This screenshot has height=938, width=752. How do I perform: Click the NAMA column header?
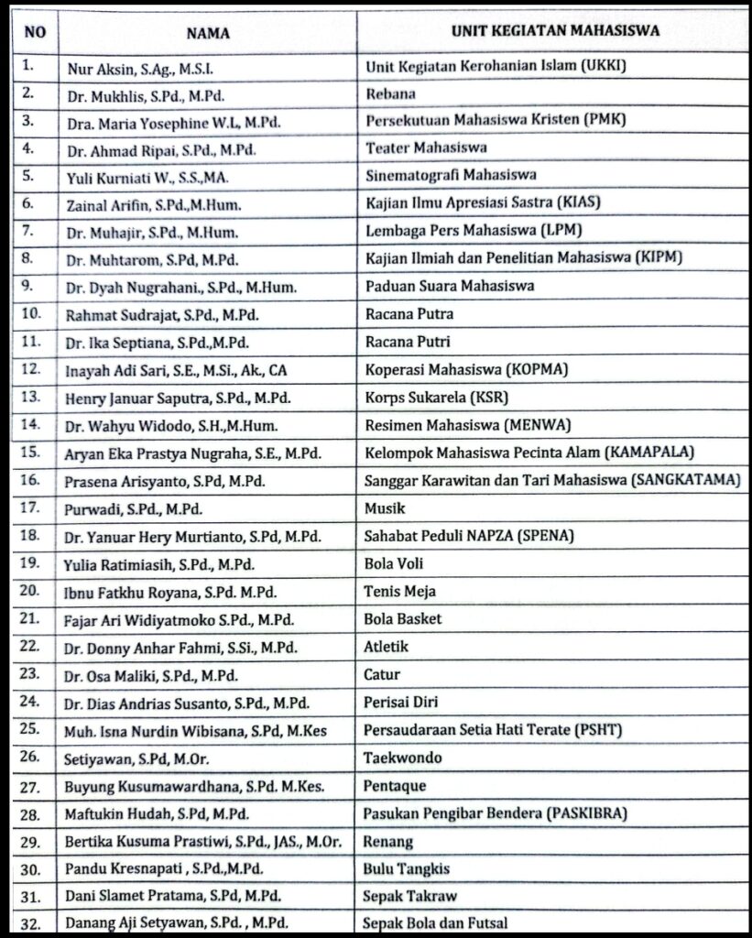tap(208, 34)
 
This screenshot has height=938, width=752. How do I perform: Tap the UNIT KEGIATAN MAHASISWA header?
tap(556, 30)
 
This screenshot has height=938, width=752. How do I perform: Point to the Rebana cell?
tap(390, 93)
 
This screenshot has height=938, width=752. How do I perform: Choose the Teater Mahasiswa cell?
tap(426, 147)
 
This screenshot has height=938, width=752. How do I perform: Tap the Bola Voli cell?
tap(394, 563)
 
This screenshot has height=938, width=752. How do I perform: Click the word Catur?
tap(382, 675)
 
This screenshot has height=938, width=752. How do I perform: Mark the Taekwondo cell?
tap(403, 758)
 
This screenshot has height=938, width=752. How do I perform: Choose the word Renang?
tap(388, 841)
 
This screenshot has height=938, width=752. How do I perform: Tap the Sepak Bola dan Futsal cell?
tap(435, 923)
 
